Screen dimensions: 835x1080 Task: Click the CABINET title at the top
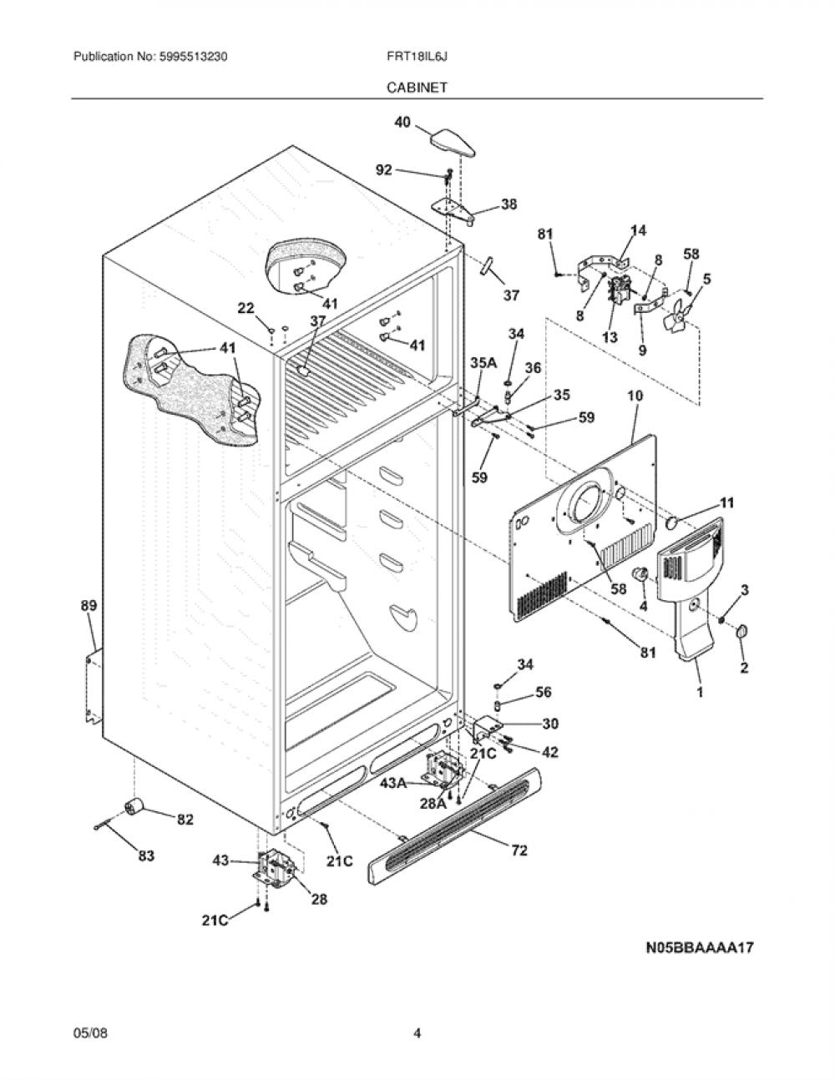417,88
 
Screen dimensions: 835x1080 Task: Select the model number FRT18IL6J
417,57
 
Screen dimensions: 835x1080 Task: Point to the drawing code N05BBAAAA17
700,946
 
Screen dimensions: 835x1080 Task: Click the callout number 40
402,121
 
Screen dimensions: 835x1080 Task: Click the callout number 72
519,850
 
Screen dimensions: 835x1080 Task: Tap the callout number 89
89,605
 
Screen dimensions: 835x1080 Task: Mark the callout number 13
610,337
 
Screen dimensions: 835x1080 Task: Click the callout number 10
635,396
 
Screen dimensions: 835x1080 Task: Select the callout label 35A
483,363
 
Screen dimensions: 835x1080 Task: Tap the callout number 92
384,170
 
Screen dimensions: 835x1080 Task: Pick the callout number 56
544,692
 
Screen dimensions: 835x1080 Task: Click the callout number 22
245,308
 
